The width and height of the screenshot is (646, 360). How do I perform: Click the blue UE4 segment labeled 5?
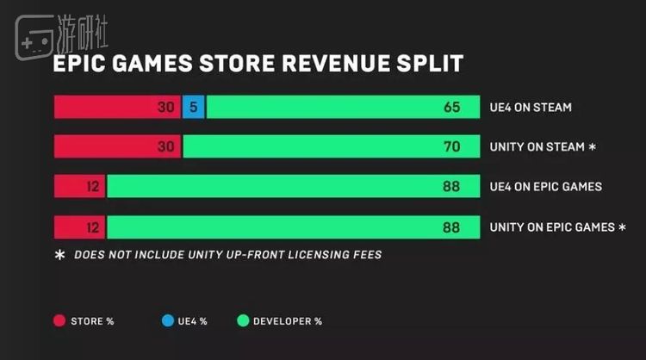(194, 108)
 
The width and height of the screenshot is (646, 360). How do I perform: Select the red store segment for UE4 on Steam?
(117, 108)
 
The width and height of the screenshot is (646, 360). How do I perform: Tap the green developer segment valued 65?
(343, 108)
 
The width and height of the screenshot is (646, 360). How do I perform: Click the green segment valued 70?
(332, 147)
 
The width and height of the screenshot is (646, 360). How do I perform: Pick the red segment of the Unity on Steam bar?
(117, 147)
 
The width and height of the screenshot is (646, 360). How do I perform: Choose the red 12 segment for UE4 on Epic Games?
(79, 187)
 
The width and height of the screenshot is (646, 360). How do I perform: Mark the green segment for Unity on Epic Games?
(293, 227)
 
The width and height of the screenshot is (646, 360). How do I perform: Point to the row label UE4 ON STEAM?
(531, 108)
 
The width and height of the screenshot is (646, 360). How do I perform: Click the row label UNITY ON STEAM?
(537, 147)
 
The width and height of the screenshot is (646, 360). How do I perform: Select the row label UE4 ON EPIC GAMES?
(545, 187)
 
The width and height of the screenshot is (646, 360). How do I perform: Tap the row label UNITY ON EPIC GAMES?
(552, 227)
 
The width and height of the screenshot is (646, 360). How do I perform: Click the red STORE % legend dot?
(59, 321)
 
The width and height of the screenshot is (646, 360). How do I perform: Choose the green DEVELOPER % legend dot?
(242, 321)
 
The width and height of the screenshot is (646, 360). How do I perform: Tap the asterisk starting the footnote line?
(59, 255)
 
